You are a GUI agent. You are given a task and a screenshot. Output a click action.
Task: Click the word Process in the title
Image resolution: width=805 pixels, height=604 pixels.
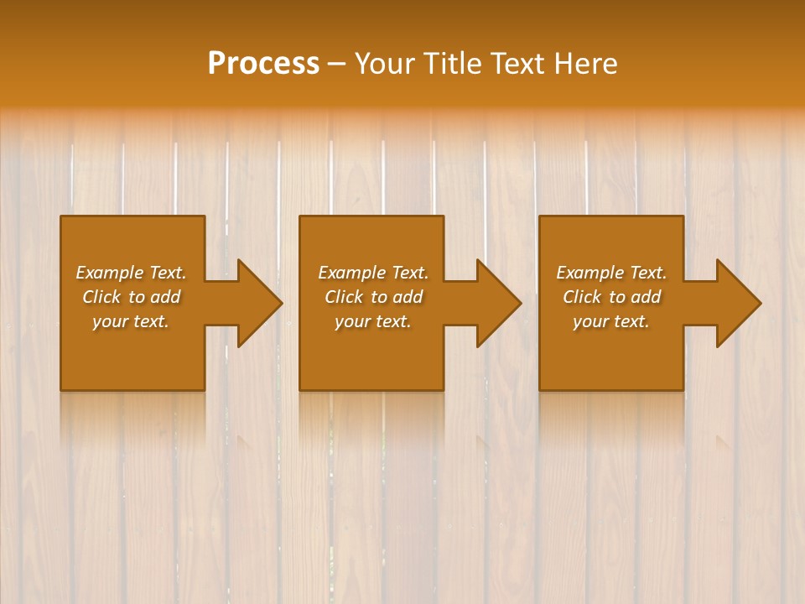(263, 64)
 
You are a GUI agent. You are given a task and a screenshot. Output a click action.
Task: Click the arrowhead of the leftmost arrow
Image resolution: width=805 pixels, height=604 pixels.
(258, 303)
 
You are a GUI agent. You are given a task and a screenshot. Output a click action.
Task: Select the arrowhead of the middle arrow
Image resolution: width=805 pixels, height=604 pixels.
(497, 303)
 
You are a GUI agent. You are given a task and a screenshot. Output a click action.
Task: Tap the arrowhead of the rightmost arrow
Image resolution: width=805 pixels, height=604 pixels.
(737, 303)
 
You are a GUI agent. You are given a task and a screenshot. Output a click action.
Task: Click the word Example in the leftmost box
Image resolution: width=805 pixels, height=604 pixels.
(110, 273)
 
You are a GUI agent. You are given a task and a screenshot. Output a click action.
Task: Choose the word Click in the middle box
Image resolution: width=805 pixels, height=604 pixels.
(345, 297)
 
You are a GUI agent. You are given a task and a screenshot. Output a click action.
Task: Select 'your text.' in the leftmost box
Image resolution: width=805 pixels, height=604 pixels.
(131, 321)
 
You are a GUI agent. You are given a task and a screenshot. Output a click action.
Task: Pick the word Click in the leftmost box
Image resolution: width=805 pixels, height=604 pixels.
(101, 297)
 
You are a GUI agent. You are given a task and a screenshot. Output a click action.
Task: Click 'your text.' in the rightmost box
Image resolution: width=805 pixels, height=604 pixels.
(611, 321)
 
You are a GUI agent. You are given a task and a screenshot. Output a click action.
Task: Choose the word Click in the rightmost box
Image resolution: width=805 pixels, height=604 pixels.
(583, 297)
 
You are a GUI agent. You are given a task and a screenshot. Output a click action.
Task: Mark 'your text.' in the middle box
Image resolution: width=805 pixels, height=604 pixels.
(372, 321)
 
